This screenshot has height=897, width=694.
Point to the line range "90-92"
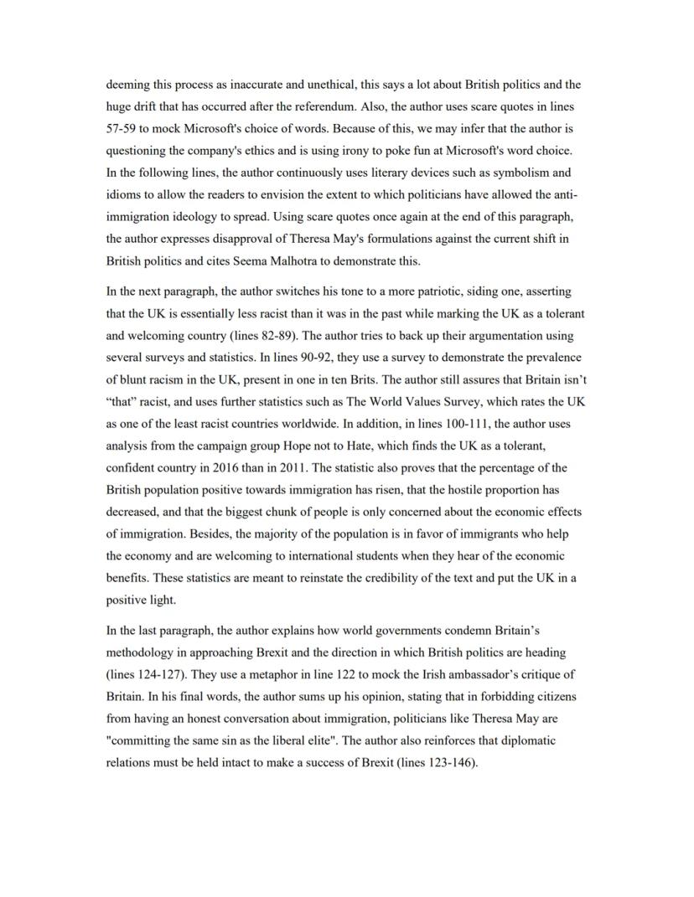click(189, 358)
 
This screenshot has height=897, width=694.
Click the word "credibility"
click(419, 578)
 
